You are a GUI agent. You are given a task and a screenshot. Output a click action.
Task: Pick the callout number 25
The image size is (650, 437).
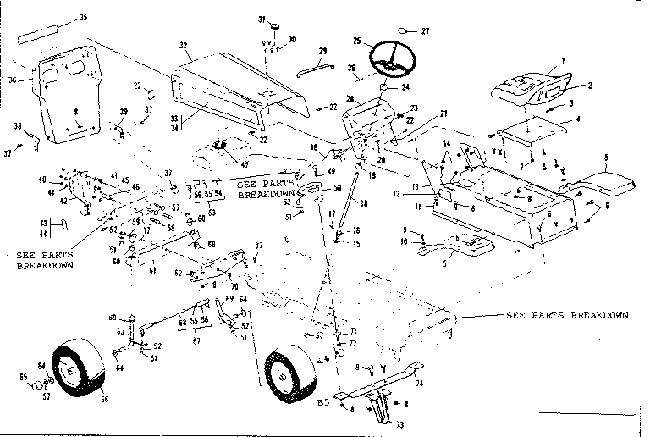coord(357,40)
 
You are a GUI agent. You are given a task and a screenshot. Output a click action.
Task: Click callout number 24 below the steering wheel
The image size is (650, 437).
coord(405,86)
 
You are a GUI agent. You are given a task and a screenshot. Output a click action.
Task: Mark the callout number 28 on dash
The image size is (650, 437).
coord(350,99)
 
